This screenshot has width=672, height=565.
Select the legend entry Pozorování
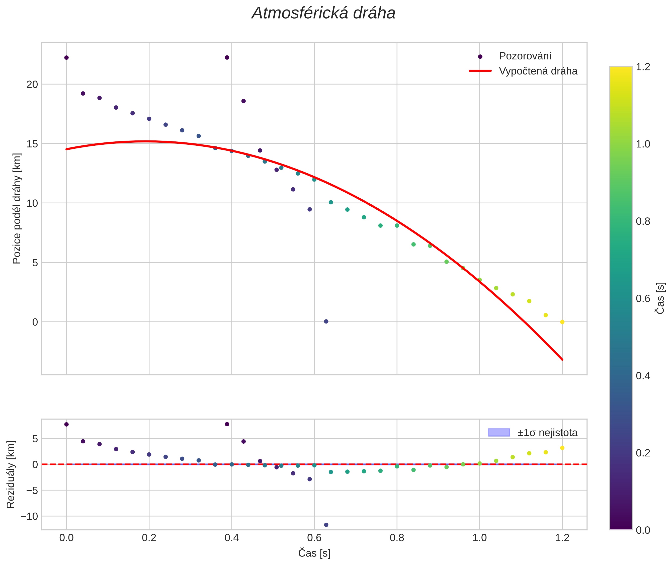click(525, 56)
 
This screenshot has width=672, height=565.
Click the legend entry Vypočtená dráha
click(538, 71)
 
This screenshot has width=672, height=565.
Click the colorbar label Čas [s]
click(660, 298)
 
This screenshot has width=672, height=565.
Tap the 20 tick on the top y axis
click(32, 84)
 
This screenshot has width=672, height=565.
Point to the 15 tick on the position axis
click(32, 144)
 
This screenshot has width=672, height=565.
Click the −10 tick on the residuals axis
click(29, 516)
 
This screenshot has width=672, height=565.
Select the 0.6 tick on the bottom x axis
click(314, 538)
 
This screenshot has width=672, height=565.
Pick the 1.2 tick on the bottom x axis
click(562, 538)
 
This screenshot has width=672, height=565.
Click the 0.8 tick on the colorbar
click(643, 221)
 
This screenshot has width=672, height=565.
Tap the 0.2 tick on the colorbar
click(643, 453)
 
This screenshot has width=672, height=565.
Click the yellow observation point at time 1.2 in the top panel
click(562, 322)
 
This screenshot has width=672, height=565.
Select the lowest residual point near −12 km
click(326, 525)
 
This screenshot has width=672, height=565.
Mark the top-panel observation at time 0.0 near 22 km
click(66, 58)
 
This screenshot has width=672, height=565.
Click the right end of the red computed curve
click(562, 360)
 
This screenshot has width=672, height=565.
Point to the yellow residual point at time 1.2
click(562, 448)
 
